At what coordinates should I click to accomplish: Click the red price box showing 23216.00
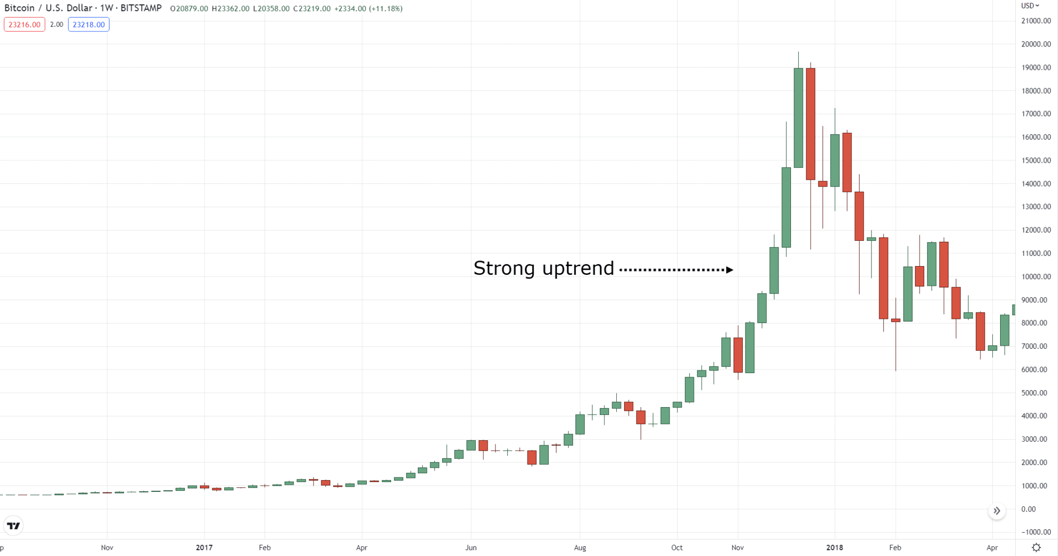click(24, 25)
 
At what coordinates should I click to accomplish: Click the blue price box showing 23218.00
click(88, 25)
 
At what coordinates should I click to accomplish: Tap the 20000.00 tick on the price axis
click(1036, 44)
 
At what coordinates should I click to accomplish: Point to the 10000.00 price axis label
click(1036, 277)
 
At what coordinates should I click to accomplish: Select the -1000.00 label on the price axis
click(1035, 532)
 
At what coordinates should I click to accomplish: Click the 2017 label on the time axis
click(204, 548)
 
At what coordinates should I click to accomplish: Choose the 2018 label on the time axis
click(834, 548)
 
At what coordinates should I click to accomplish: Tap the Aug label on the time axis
click(580, 548)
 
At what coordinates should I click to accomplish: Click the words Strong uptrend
click(543, 268)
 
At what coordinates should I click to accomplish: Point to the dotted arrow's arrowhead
click(729, 270)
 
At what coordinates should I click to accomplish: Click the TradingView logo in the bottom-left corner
click(13, 526)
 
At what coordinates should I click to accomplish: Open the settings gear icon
click(1036, 548)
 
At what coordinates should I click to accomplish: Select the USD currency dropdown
click(1030, 6)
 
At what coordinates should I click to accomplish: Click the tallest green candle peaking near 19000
click(798, 118)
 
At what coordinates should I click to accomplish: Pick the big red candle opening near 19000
click(811, 124)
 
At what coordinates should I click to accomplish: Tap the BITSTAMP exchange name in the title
click(141, 8)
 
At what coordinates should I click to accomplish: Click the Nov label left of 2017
click(107, 548)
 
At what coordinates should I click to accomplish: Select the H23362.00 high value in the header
click(230, 9)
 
